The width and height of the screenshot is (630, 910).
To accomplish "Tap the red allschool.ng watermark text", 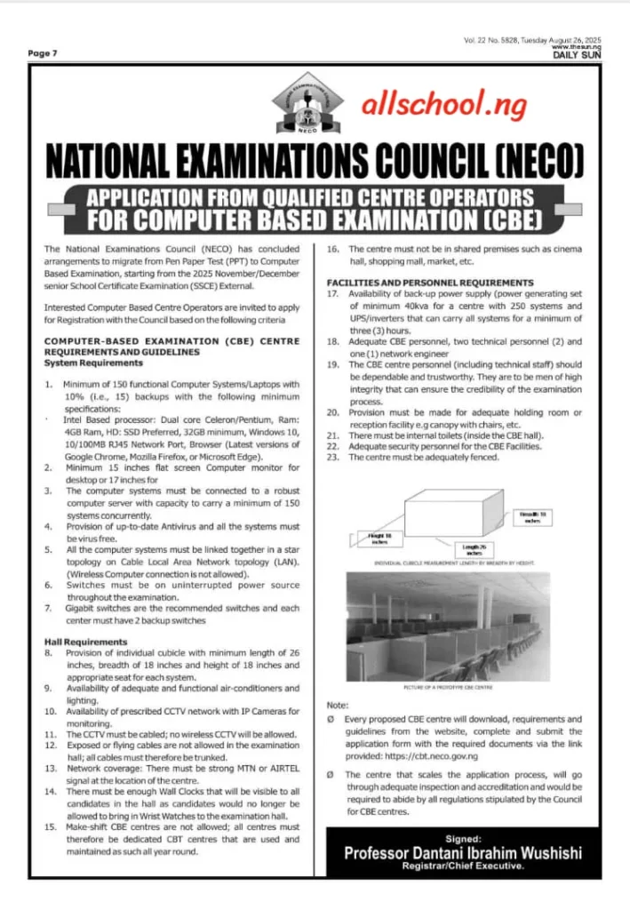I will [x=426, y=104].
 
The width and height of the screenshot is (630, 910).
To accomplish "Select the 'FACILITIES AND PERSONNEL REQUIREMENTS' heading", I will [x=430, y=282].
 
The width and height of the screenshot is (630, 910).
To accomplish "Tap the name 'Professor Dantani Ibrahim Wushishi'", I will [x=463, y=852].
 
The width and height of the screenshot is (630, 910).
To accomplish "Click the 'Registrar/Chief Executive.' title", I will [x=463, y=866].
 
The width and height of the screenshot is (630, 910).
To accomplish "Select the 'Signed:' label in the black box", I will [x=463, y=837].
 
